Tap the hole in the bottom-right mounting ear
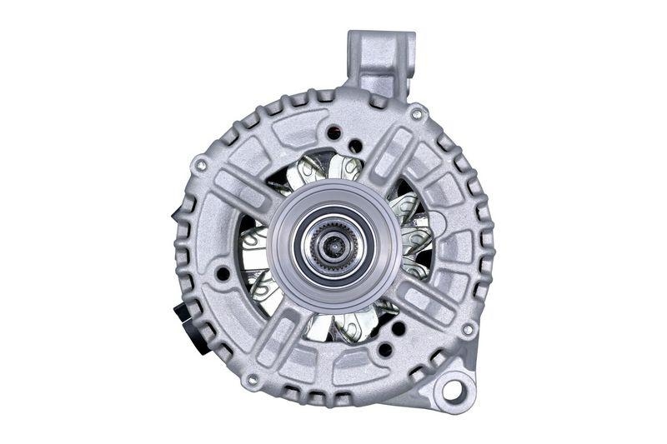[x=452, y=388]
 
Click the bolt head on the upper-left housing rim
[x=200, y=165]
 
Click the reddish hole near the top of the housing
[x=336, y=132]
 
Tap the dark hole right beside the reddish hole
[x=355, y=146]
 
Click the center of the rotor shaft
[x=333, y=246]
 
